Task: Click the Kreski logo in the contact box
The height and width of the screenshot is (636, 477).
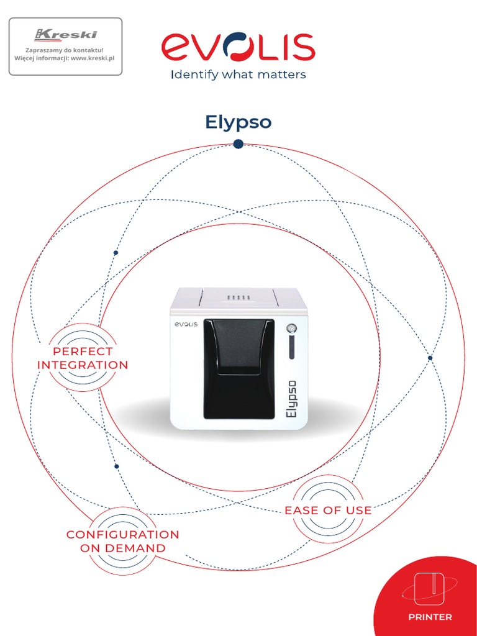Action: [x=66, y=34]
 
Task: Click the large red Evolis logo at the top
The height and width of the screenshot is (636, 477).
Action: [x=238, y=48]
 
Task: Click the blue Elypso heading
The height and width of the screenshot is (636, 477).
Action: [x=238, y=122]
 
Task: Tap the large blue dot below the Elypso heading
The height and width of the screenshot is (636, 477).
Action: [x=238, y=144]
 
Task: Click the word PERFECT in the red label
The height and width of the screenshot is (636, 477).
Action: [x=83, y=352]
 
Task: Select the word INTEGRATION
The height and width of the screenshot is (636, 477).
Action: [x=83, y=365]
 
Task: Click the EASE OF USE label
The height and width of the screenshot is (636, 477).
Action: [x=328, y=511]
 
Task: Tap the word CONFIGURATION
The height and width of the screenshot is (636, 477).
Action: [x=122, y=535]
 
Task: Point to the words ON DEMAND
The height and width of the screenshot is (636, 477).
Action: [x=122, y=548]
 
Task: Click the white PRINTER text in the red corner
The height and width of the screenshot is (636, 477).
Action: [x=430, y=617]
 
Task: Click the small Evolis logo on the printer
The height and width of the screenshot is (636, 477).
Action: [x=185, y=324]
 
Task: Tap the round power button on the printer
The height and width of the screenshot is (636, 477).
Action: [x=291, y=329]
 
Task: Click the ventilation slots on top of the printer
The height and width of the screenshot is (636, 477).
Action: [x=238, y=298]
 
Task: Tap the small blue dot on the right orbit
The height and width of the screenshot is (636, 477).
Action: [x=430, y=358]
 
